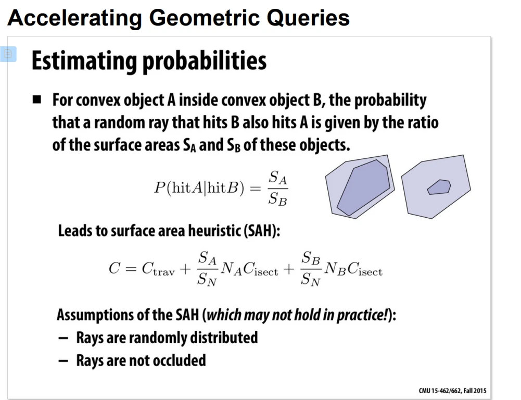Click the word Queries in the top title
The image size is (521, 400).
[308, 18]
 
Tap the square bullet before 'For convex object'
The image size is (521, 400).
[37, 99]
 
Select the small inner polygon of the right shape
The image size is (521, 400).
[439, 187]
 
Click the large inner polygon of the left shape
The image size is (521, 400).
[364, 187]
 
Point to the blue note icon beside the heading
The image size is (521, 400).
[8, 54]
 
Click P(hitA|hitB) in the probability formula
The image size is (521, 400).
[199, 188]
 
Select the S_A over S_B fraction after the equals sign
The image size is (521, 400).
[278, 188]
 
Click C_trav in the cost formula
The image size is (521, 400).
[158, 269]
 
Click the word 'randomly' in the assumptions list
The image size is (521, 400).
[158, 338]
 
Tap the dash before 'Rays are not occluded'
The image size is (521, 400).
[63, 361]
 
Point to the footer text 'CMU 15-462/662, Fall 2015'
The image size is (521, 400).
[452, 391]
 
